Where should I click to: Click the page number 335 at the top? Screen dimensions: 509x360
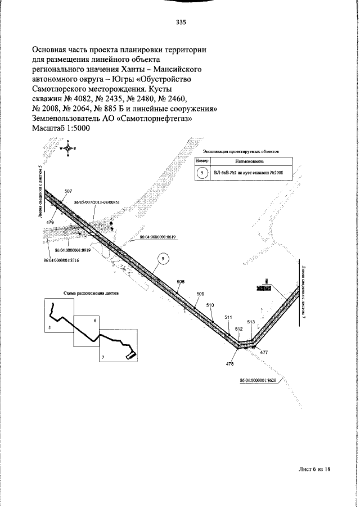tap(181, 23)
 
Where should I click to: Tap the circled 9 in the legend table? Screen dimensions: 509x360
tap(202, 172)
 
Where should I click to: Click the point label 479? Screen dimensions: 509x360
tap(49, 223)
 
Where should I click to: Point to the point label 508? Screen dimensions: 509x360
tap(181, 281)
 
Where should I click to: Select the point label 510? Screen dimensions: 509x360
tap(210, 305)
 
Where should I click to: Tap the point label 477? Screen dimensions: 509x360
tap(264, 352)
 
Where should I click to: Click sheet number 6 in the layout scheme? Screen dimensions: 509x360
tap(95, 320)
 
